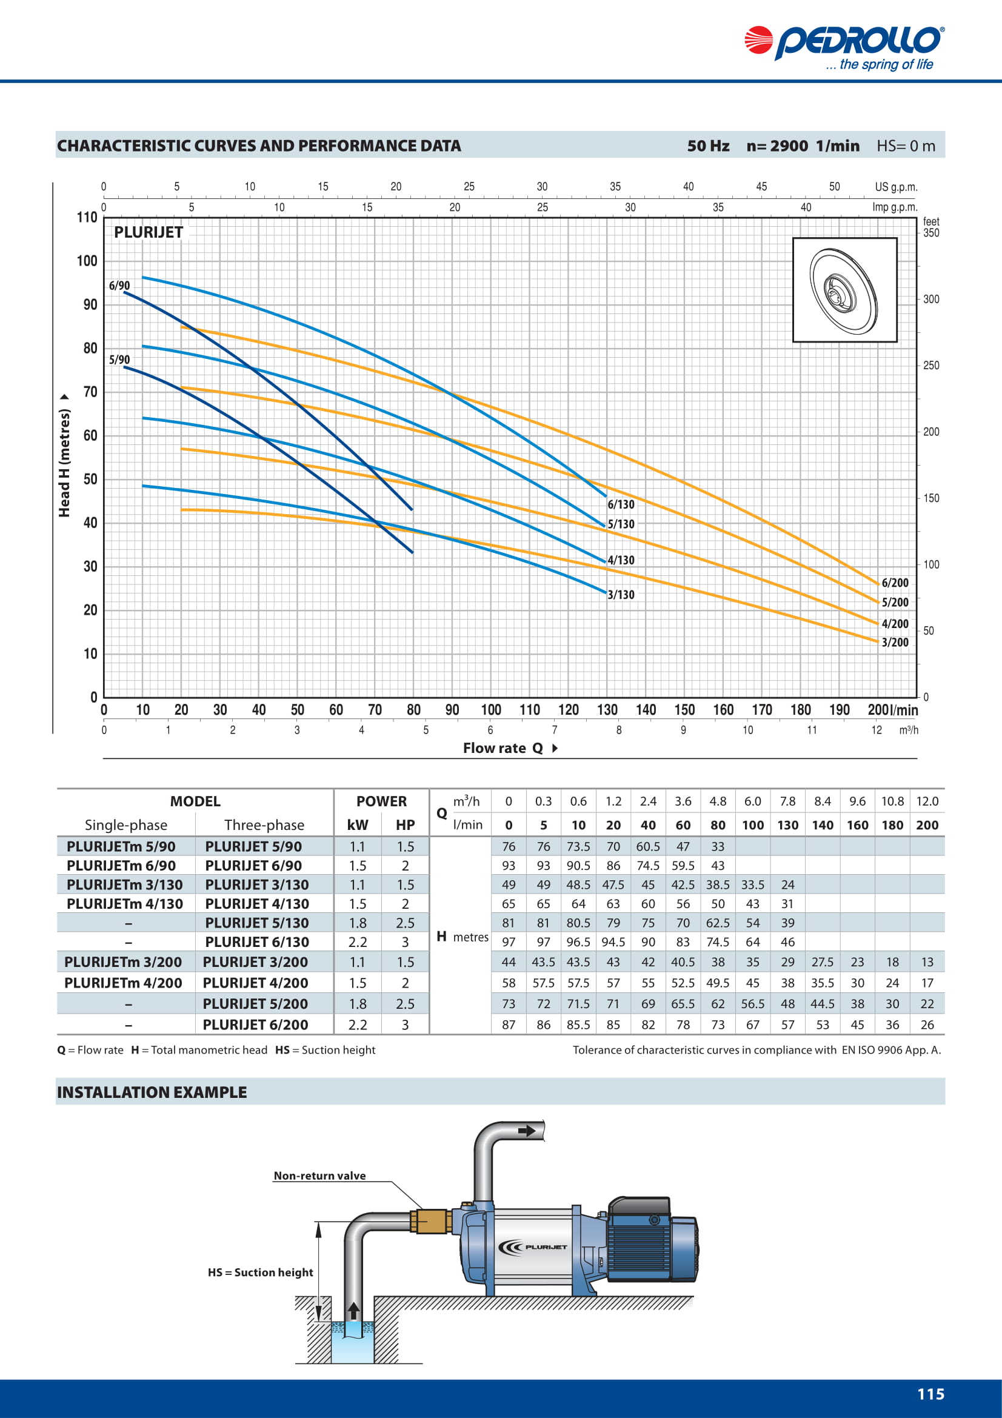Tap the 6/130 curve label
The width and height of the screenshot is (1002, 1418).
point(621,504)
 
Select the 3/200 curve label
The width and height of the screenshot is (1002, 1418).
point(895,642)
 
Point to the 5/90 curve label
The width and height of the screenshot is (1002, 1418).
point(119,360)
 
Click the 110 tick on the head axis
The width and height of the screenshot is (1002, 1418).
point(87,218)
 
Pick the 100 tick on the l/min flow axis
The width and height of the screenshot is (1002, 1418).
point(491,710)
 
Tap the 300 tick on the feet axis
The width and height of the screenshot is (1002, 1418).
point(931,299)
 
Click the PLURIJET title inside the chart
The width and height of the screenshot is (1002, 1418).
point(148,232)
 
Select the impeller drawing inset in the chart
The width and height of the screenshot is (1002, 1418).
point(844,290)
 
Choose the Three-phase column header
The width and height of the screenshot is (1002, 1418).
point(264,824)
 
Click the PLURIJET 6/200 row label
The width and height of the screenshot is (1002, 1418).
point(255,1025)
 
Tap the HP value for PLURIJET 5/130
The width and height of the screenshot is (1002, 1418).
point(405,923)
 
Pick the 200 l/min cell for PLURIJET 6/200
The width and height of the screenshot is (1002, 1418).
point(927,1025)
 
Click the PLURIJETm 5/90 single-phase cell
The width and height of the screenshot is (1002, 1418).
point(121,846)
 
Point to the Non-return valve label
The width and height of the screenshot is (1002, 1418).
point(320,1176)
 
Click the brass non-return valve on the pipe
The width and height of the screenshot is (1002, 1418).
point(430,1221)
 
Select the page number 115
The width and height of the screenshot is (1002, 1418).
point(930,1394)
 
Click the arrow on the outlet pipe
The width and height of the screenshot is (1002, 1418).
point(527,1131)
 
